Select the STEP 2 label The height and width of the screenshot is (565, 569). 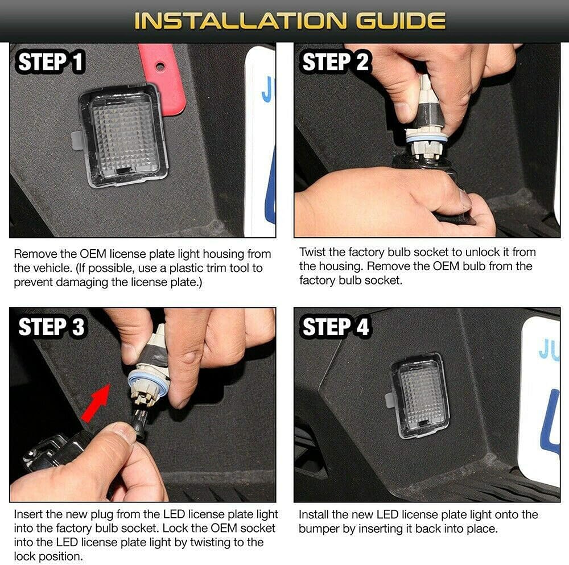tap(335, 61)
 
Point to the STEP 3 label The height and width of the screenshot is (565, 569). tap(51, 327)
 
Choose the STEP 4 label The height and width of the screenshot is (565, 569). tap(335, 327)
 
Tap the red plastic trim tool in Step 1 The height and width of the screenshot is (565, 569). tap(163, 78)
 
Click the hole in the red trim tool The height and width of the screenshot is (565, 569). tap(160, 67)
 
